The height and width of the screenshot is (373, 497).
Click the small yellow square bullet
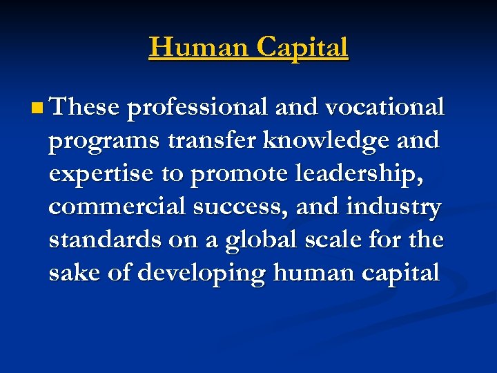(x=37, y=108)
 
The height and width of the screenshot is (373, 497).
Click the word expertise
(x=101, y=173)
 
